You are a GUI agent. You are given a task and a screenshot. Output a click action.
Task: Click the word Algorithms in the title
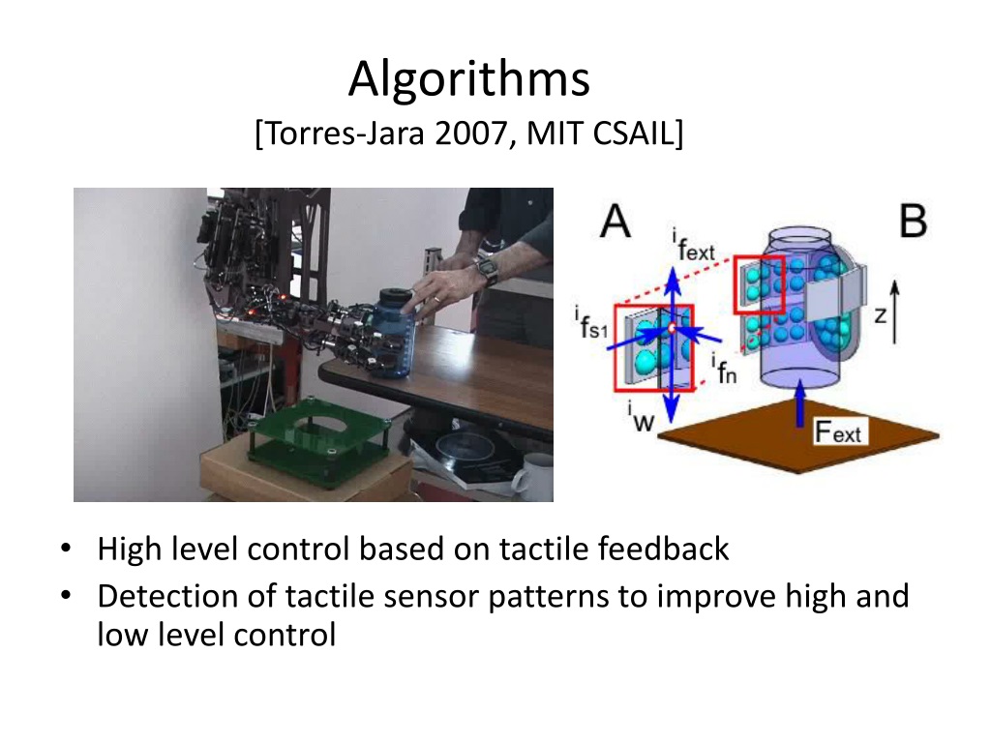pyautogui.click(x=468, y=80)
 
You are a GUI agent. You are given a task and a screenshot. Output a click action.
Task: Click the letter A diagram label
pyautogui.click(x=615, y=222)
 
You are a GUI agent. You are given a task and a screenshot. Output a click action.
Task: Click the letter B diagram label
pyautogui.click(x=912, y=222)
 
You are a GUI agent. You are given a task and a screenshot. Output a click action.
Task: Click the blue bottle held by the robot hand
pyautogui.click(x=396, y=334)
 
